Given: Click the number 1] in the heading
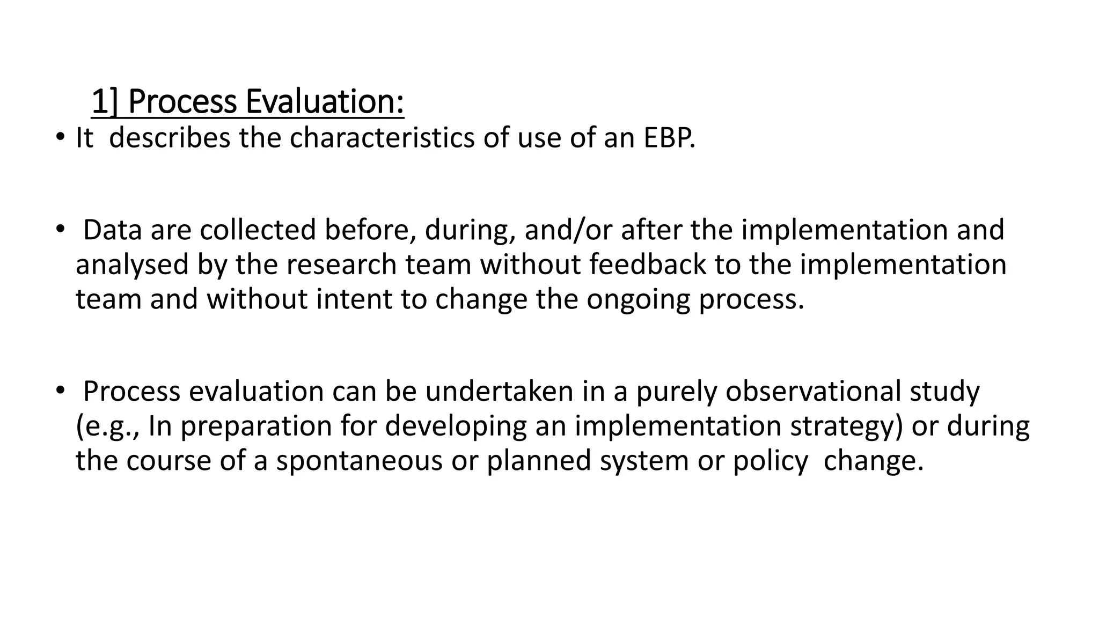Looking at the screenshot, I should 105,102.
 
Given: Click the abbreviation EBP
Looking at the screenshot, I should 669,138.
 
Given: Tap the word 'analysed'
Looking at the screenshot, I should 132,264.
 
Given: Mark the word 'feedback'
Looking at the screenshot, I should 647,264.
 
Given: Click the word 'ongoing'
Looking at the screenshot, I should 638,299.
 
